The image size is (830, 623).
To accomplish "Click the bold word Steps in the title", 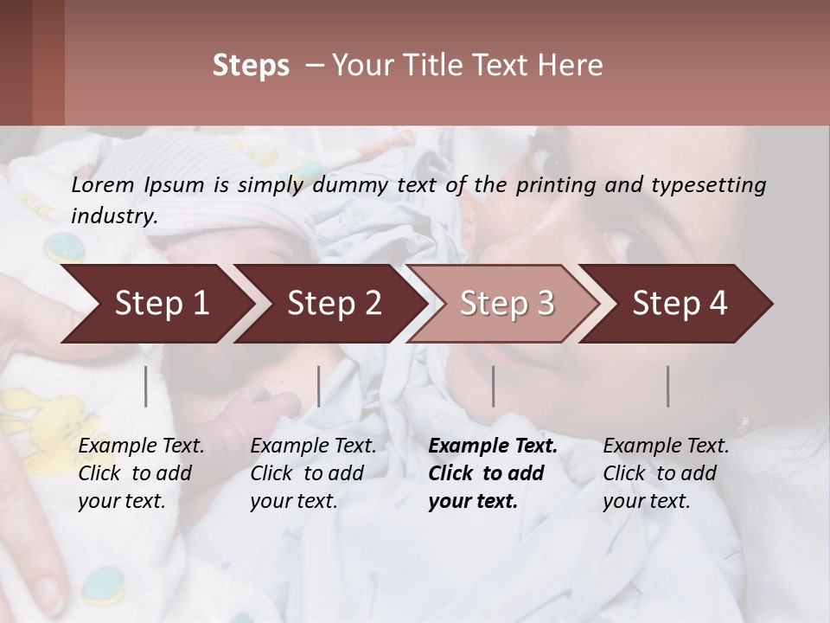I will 251,66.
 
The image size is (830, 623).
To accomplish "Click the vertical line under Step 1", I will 146,386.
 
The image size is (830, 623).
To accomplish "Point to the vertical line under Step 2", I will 319,386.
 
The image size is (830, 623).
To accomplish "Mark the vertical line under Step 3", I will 494,386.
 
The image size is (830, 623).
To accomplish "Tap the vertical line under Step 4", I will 668,386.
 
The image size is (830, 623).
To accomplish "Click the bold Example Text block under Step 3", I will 493,473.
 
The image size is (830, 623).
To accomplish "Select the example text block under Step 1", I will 141,473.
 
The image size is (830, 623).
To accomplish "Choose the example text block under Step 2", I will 313,473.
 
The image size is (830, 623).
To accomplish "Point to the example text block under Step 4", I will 666,473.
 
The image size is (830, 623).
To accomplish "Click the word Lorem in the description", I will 103,184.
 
